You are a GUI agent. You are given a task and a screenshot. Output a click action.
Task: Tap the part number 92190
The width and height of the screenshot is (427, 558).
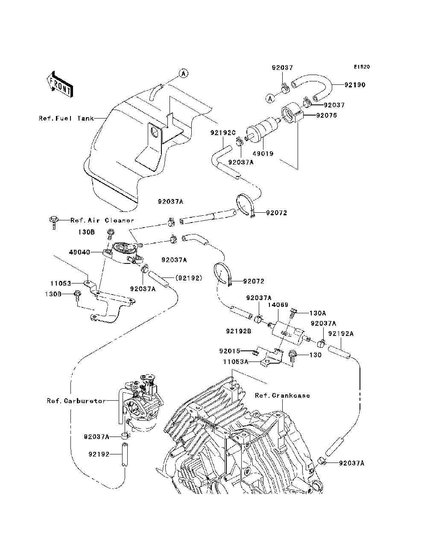pyautogui.click(x=355, y=85)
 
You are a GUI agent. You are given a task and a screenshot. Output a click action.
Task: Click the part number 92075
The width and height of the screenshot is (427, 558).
pyautogui.click(x=326, y=116)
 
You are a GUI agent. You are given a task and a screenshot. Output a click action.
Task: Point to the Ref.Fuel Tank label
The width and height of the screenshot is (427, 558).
pyautogui.click(x=66, y=119)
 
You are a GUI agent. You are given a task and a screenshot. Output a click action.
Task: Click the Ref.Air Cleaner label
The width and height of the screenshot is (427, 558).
pyautogui.click(x=102, y=221)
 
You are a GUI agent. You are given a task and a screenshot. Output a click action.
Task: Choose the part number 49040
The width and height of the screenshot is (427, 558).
pyautogui.click(x=79, y=252)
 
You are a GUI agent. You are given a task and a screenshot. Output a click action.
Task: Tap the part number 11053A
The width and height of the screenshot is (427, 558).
pyautogui.click(x=235, y=361)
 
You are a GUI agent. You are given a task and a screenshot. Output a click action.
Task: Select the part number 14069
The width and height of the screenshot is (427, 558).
pyautogui.click(x=276, y=305)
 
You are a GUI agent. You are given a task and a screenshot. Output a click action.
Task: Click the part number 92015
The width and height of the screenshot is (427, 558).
pyautogui.click(x=230, y=351)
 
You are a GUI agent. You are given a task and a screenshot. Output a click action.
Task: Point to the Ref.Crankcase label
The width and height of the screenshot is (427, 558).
pyautogui.click(x=282, y=396)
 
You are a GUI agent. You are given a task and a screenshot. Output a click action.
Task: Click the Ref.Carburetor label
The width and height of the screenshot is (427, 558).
pyautogui.click(x=76, y=401)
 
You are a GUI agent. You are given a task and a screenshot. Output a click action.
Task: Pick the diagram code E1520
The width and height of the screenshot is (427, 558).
pyautogui.click(x=361, y=67)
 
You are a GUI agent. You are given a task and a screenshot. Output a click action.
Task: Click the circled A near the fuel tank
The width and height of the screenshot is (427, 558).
pyautogui.click(x=183, y=73)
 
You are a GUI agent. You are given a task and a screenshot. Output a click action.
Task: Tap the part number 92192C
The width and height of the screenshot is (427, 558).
pyautogui.click(x=223, y=133)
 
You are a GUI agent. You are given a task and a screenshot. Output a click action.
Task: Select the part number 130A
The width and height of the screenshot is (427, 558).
pyautogui.click(x=318, y=312)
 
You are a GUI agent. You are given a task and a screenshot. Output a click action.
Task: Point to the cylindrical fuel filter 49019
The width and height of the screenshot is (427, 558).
pyautogui.click(x=264, y=129)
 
